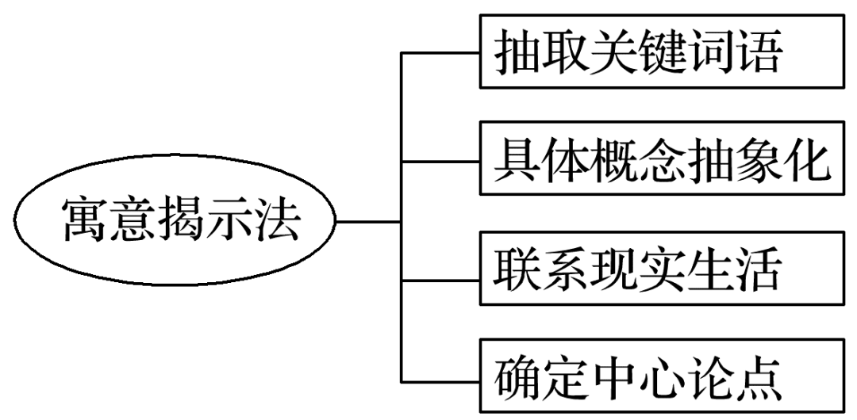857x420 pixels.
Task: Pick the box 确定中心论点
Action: tap(662, 377)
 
